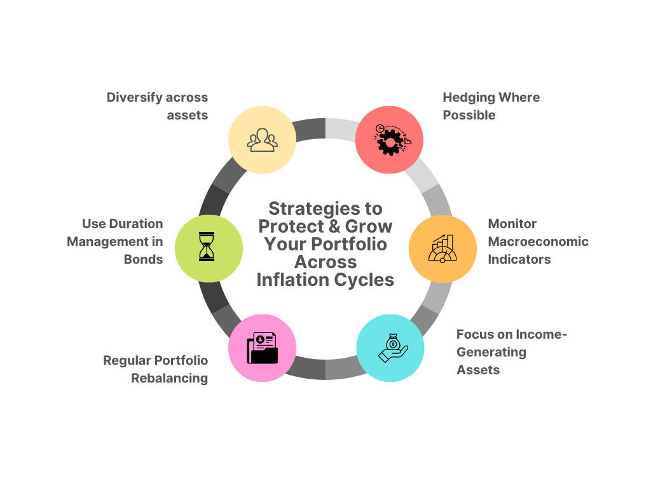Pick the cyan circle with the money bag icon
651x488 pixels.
[x=390, y=348]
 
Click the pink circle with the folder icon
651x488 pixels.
[x=262, y=348]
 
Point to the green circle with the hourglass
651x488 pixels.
[x=208, y=248]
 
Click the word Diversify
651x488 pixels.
[x=131, y=97]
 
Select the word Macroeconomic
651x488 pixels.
[x=538, y=241]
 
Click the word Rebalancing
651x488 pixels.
[x=170, y=378]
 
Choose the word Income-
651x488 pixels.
[x=540, y=334]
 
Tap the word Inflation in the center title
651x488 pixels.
[x=292, y=280]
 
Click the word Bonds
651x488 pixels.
[x=144, y=259]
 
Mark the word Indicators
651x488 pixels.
[x=519, y=259]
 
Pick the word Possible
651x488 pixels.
[x=469, y=115]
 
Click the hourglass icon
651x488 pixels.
[x=207, y=247]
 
